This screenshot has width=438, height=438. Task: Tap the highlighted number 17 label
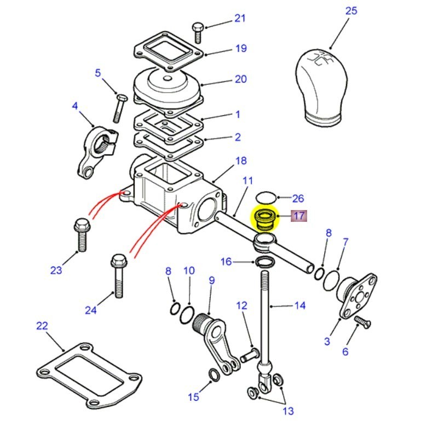298,216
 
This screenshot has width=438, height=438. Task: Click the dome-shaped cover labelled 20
168,88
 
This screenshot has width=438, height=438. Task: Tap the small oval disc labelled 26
267,197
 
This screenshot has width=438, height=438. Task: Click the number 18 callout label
240,160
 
